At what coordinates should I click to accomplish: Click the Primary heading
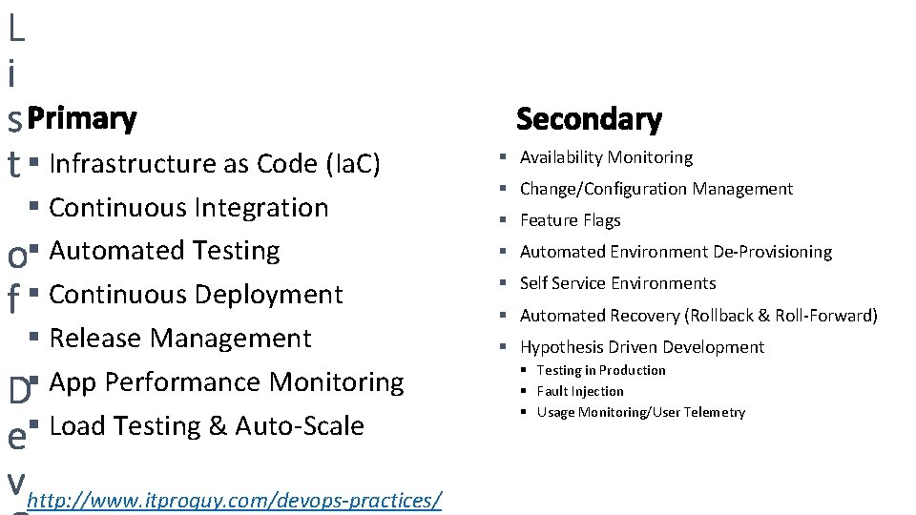coord(82,119)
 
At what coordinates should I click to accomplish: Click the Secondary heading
coord(589,119)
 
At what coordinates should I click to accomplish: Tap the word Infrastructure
coord(134,165)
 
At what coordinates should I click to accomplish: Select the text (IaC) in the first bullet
coord(353,165)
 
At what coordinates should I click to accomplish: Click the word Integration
coord(261,208)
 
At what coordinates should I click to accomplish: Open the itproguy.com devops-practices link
coord(235,501)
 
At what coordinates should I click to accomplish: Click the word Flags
coord(601,220)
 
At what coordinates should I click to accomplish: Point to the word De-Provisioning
coord(772,252)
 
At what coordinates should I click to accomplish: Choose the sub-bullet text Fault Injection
coord(580,391)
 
